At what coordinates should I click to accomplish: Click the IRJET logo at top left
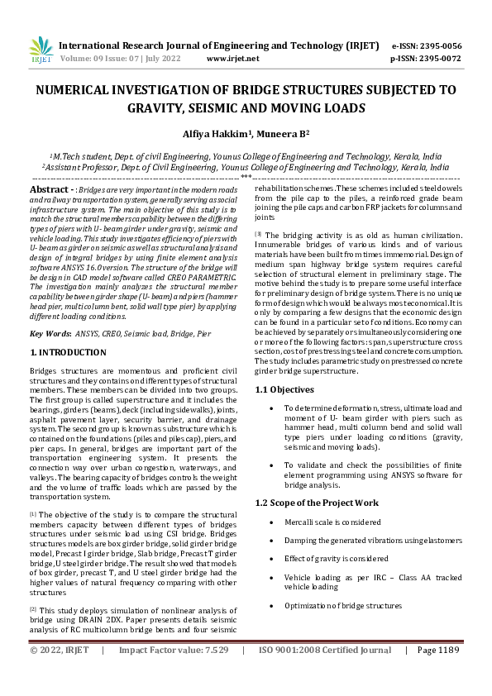41,51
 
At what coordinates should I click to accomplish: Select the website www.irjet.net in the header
232,59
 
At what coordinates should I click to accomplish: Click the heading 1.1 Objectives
284,389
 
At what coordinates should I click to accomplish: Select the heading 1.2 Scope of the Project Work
317,503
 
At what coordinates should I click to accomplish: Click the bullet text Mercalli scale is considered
332,522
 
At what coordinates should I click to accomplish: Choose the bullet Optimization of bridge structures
343,606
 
